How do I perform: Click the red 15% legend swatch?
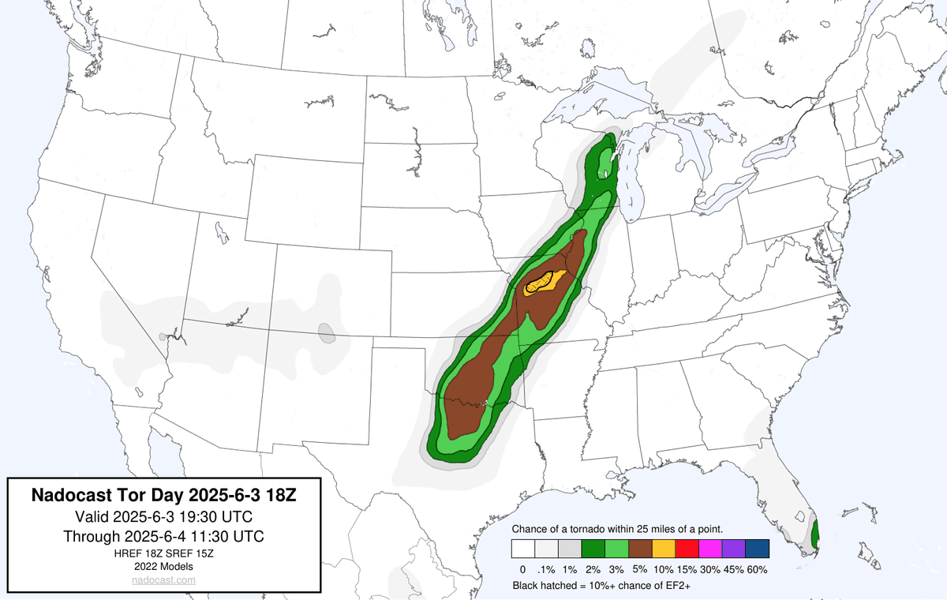pyautogui.click(x=687, y=549)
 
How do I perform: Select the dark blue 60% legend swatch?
pyautogui.click(x=756, y=549)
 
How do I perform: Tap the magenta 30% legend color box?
pyautogui.click(x=709, y=549)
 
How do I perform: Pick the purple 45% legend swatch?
pyautogui.click(x=733, y=549)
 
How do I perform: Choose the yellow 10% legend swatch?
pyautogui.click(x=664, y=549)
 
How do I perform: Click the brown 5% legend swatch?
pyautogui.click(x=640, y=549)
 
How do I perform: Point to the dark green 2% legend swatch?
pyautogui.click(x=593, y=549)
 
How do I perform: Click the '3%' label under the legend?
pyautogui.click(x=616, y=569)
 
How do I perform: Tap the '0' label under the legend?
pyautogui.click(x=522, y=569)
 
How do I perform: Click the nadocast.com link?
pyautogui.click(x=163, y=580)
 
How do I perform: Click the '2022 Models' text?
pyautogui.click(x=163, y=566)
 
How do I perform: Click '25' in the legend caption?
pyautogui.click(x=648, y=528)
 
